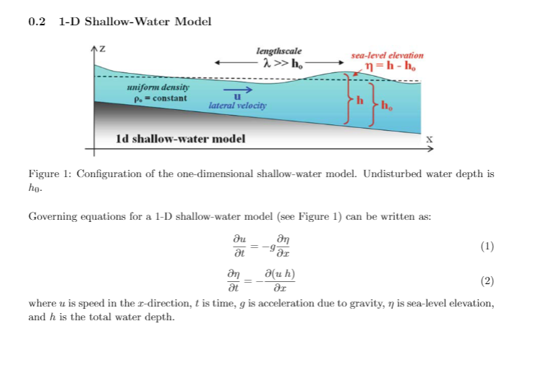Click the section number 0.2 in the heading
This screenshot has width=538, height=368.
tap(37, 22)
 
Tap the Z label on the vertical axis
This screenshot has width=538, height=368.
tap(102, 49)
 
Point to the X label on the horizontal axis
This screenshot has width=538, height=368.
tap(429, 138)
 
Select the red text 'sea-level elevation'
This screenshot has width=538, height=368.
tap(387, 55)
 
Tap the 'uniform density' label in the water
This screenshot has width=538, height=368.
tap(153, 87)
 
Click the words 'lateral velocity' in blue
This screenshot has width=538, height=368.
tap(237, 106)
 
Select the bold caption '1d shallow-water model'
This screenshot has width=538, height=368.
tap(180, 138)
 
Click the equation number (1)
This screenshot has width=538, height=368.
tap(487, 247)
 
